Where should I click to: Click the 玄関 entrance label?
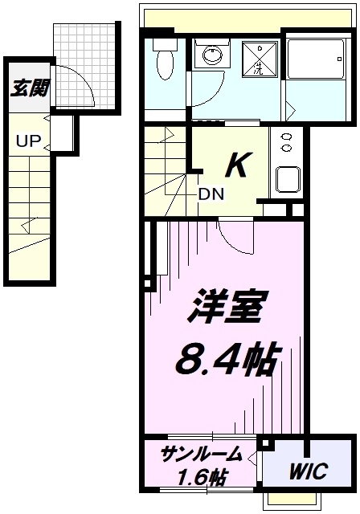[29, 88]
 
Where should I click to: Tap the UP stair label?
[28, 141]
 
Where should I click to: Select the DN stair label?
[211, 194]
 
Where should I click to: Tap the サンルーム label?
[202, 455]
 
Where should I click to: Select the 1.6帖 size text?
[202, 476]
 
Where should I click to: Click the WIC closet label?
[309, 471]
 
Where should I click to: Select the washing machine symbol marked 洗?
[260, 59]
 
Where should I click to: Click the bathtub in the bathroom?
[316, 59]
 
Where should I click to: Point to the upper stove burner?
[286, 137]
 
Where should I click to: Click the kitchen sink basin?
[288, 180]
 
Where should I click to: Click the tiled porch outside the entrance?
[84, 66]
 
